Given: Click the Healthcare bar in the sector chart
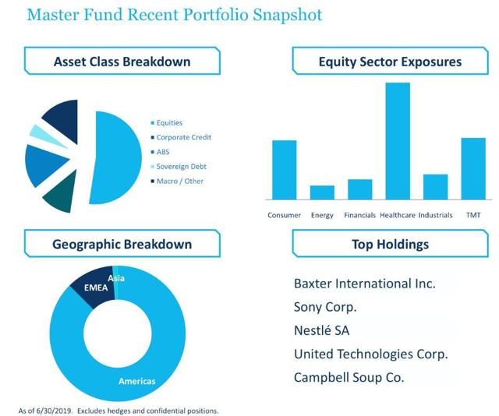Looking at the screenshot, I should tap(398, 140).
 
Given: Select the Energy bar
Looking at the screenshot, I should tap(322, 192).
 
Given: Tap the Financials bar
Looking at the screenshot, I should tap(359, 189).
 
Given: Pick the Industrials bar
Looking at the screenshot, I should tap(435, 186).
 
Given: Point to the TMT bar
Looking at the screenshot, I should tap(473, 167).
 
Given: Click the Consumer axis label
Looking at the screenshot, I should tap(284, 215).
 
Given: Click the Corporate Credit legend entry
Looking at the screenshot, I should tap(183, 137).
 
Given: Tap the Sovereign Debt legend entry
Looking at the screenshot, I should tap(181, 166).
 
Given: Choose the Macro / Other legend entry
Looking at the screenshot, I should tap(180, 181).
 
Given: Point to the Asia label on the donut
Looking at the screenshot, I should tap(117, 278).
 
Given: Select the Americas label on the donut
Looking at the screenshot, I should tap(136, 381).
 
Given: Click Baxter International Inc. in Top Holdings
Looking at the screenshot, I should tap(364, 283).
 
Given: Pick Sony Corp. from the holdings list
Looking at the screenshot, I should tap(325, 307).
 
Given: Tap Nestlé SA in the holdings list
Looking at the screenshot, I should tap(321, 330).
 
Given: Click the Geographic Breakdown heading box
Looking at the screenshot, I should tap(122, 244).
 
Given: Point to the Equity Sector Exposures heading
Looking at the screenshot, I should tap(390, 61).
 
